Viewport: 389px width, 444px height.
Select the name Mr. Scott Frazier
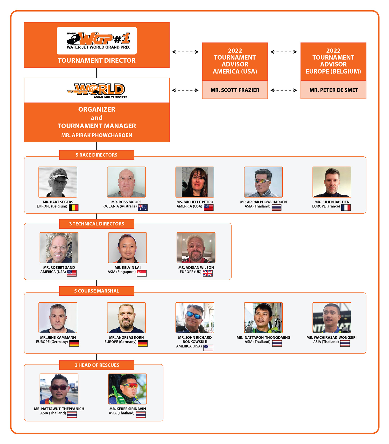[x=235, y=90]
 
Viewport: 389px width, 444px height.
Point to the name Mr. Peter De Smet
[x=334, y=90]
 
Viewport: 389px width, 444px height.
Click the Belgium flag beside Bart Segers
[x=74, y=207]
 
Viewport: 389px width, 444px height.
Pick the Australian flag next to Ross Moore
[x=143, y=207]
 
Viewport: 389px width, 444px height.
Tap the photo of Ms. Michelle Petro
[x=195, y=182]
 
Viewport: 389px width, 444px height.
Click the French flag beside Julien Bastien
[x=346, y=207]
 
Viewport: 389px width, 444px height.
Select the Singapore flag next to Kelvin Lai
[x=142, y=273]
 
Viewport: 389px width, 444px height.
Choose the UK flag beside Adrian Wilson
[x=208, y=273]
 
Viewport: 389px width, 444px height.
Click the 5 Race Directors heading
[x=96, y=155]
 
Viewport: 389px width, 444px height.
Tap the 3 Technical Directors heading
[x=96, y=224]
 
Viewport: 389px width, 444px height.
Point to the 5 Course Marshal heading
[x=96, y=291]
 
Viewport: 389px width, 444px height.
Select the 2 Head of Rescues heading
[x=96, y=365]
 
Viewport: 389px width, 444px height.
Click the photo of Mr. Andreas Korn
[x=126, y=318]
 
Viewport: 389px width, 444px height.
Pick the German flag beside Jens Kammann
[x=74, y=343]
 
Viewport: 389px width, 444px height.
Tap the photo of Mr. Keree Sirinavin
[x=127, y=389]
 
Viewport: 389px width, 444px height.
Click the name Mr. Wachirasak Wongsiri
[x=331, y=338]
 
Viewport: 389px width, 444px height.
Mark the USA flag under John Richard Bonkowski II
[x=208, y=348]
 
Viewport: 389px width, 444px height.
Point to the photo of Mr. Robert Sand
[x=59, y=248]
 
